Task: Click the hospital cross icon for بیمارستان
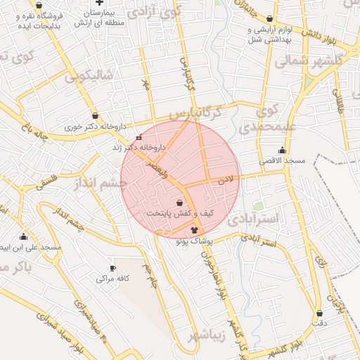(x=99, y=3)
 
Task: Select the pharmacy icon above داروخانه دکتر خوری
(x=95, y=116)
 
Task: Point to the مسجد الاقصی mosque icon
(x=283, y=150)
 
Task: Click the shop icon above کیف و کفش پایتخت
(x=180, y=202)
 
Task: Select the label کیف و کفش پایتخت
(x=180, y=213)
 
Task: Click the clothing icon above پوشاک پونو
(x=195, y=230)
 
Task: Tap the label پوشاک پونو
(x=195, y=241)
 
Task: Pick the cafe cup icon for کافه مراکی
(x=113, y=268)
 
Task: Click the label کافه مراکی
(x=114, y=279)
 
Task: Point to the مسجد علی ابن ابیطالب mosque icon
(x=23, y=237)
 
